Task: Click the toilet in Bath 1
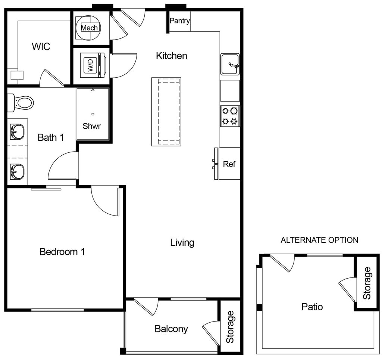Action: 22,102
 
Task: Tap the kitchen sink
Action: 230,64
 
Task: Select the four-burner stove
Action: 229,116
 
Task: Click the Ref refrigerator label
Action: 229,164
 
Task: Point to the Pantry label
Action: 180,21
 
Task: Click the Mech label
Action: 90,28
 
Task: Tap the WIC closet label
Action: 41,47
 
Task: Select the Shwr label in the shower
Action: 92,126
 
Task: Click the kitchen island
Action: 166,112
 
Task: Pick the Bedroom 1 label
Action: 62,252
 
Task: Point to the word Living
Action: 182,243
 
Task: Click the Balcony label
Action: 171,329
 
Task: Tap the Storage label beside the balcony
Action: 230,327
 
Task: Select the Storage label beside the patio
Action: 367,283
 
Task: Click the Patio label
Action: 312,307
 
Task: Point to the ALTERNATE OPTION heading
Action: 319,240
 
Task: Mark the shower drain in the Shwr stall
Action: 93,114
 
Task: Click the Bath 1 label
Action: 51,137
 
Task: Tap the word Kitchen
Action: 172,56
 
